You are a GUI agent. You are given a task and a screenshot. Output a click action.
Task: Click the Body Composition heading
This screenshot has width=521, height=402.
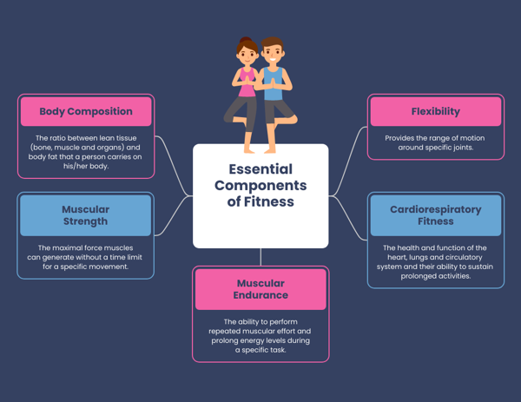[x=86, y=111]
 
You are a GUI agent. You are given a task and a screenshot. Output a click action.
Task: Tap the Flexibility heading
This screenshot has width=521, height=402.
[x=436, y=111]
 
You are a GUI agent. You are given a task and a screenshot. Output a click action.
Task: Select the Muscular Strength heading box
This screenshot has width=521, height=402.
[x=86, y=215]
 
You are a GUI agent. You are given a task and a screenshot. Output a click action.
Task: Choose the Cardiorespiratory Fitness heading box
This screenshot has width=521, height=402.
[x=436, y=215]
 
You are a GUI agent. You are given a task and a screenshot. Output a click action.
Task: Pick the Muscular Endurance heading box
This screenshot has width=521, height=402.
[x=260, y=289]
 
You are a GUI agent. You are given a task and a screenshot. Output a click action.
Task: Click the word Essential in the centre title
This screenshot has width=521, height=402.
[x=260, y=169]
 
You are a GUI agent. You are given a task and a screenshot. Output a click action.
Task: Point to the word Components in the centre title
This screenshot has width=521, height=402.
[x=260, y=186]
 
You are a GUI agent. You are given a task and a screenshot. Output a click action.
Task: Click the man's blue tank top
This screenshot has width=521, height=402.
[x=274, y=83]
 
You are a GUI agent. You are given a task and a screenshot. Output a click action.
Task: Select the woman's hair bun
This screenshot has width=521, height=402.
[x=246, y=40]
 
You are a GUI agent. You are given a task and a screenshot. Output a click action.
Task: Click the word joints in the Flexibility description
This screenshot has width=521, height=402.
[x=464, y=148]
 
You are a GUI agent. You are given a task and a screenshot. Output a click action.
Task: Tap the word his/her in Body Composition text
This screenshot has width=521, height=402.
[x=75, y=166]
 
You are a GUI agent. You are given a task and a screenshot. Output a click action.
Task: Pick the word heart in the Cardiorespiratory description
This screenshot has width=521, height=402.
[x=397, y=258]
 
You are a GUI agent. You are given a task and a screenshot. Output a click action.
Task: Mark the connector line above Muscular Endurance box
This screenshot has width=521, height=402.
[x=260, y=257]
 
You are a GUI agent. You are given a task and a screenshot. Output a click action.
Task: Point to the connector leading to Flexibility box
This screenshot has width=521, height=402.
[x=348, y=161]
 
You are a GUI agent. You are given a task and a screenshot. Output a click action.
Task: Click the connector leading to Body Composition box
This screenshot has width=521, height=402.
[x=174, y=166]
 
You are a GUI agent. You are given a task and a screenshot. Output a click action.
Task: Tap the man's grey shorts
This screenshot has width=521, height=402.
[x=278, y=110]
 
